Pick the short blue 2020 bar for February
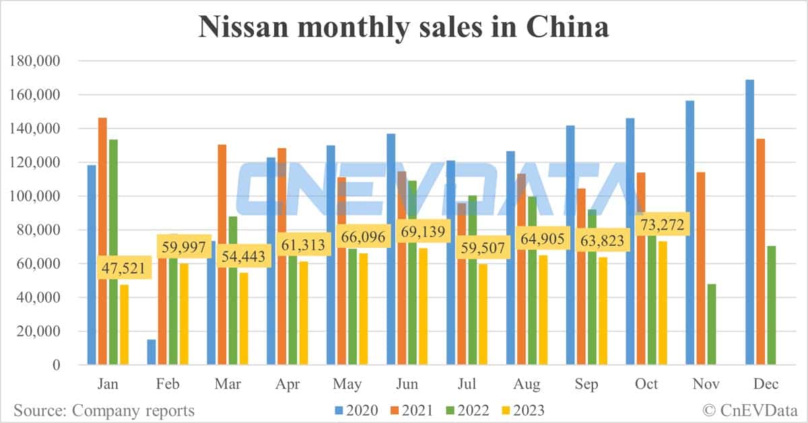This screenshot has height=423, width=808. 151,352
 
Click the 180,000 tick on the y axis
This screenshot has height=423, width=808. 36,61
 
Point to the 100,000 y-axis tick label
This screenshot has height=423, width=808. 36,196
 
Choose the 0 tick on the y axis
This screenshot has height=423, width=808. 56,365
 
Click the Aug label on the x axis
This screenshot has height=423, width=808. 527,385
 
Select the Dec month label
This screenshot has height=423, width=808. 765,385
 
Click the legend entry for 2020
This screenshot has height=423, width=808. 361,410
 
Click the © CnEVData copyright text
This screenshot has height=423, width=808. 750,410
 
